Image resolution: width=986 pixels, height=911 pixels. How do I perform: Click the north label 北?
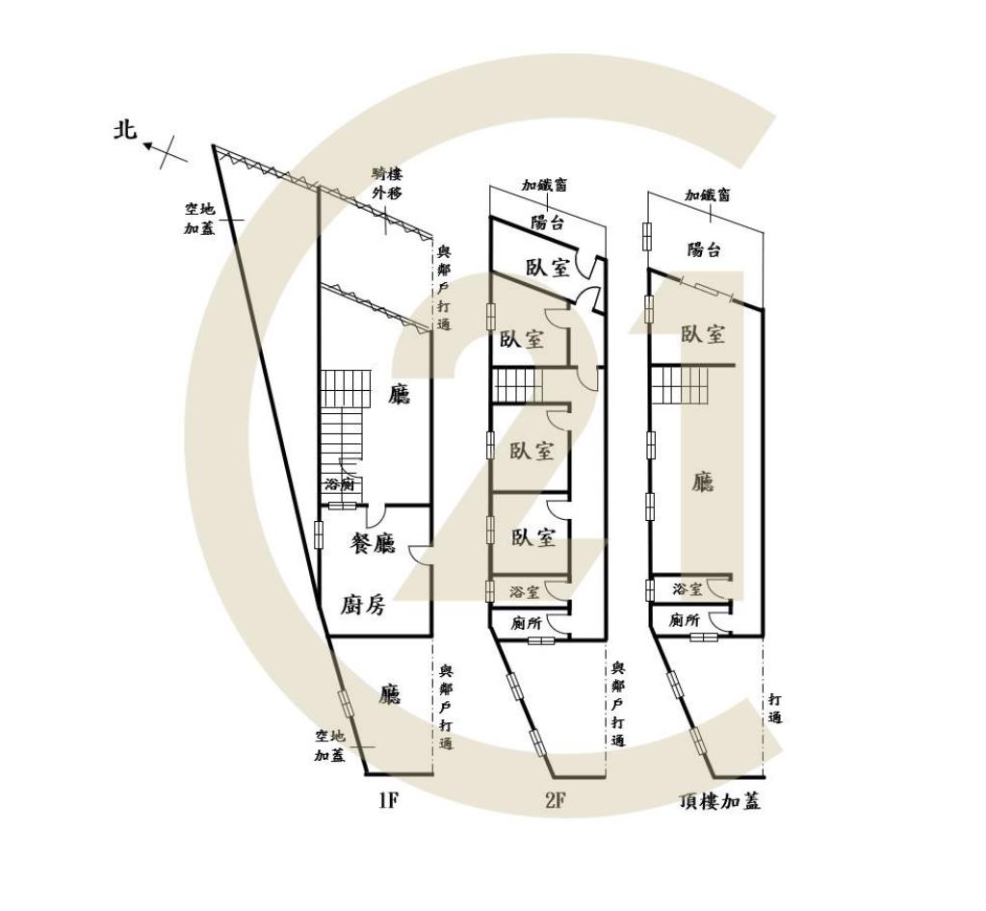pyautogui.click(x=124, y=130)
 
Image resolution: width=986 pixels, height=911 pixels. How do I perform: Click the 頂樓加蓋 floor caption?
pyautogui.click(x=720, y=801)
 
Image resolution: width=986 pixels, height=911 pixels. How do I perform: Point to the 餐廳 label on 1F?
pyautogui.click(x=373, y=543)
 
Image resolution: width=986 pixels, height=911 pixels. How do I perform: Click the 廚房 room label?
pyautogui.click(x=363, y=604)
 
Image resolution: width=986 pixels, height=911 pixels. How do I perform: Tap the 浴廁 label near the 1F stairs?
pyautogui.click(x=340, y=484)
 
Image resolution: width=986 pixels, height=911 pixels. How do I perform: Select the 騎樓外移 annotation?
pyautogui.click(x=386, y=184)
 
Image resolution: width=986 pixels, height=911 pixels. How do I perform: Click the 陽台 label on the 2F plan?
pyautogui.click(x=547, y=222)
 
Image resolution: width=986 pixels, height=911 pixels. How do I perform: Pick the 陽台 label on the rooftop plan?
pyautogui.click(x=704, y=249)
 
